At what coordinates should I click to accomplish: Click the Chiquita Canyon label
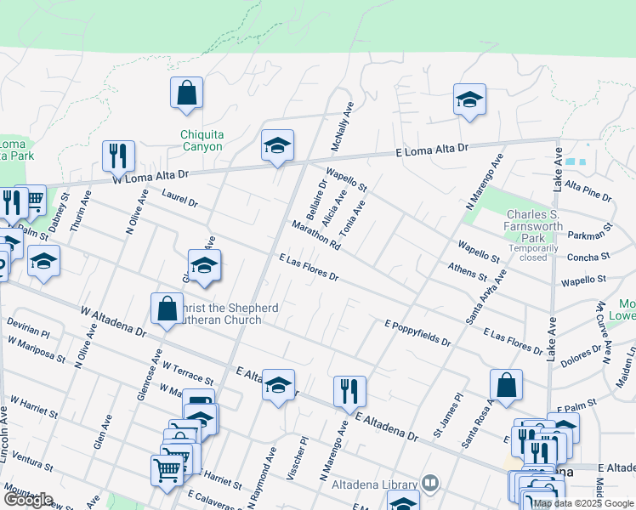pos(202,140)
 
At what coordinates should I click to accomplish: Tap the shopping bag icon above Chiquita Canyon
pos(186,94)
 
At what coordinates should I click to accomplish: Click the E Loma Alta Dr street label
pos(433,150)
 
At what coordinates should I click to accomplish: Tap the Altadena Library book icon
pos(431,484)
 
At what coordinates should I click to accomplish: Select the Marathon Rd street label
pos(315,235)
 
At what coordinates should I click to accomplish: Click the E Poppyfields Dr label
pos(417,332)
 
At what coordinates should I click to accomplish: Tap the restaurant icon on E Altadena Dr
pos(349,392)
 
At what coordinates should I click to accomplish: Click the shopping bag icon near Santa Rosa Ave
pos(506,385)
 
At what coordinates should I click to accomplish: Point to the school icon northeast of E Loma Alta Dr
pos(468,99)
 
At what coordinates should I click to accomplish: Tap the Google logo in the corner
pos(28,500)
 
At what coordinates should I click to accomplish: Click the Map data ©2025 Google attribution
pos(583,503)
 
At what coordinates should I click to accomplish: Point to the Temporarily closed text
pos(534,252)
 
